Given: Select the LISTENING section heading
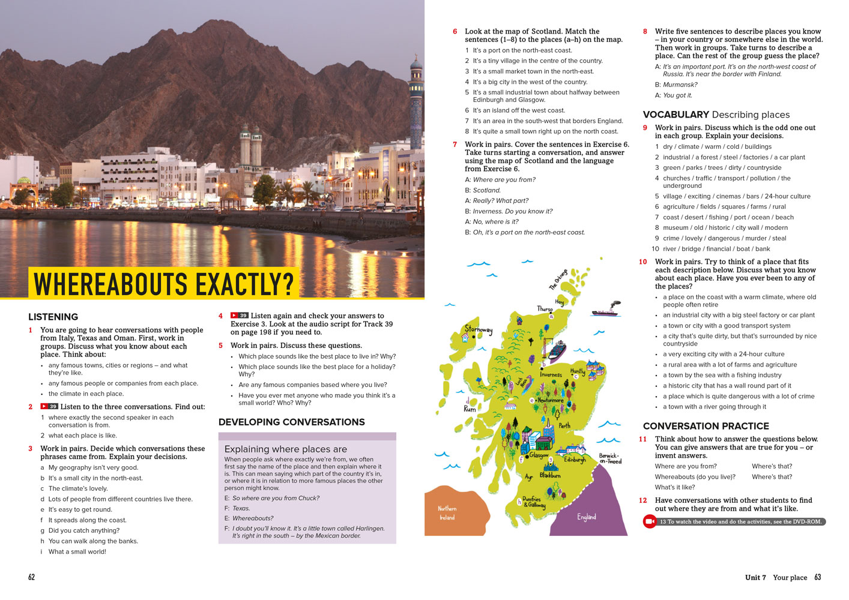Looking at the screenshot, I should [53, 317].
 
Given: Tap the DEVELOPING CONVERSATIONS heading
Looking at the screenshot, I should [291, 422].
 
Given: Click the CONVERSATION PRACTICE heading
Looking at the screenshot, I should [705, 426].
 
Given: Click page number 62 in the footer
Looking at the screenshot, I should [32, 577].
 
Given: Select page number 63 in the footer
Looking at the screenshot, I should [818, 577].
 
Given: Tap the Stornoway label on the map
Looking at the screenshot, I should [478, 329].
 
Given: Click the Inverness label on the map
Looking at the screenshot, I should [551, 375].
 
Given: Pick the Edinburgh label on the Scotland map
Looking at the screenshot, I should [575, 460].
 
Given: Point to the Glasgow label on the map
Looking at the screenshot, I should [539, 455].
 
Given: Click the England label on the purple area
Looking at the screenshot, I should [587, 517].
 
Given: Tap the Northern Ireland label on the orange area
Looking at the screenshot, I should [447, 513].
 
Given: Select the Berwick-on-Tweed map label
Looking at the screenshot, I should [610, 458].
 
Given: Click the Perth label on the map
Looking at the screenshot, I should [564, 425].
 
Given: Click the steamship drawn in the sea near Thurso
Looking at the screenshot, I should [607, 310].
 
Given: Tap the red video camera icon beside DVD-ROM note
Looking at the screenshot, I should [650, 521].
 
